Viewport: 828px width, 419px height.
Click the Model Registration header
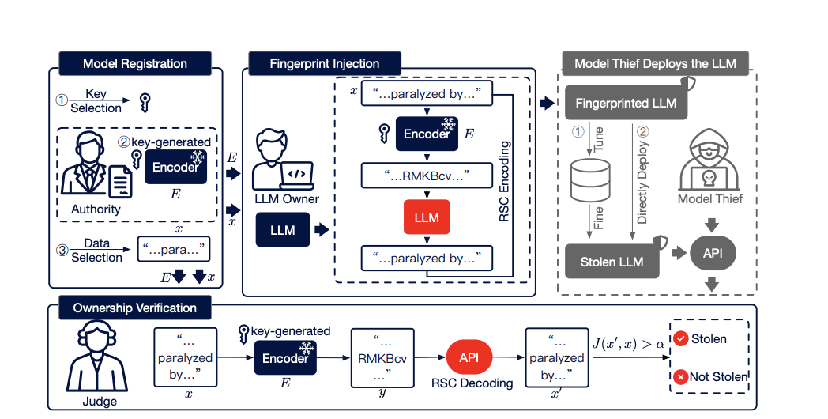point(135,64)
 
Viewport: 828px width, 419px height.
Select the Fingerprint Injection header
point(325,64)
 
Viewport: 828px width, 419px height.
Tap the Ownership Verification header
point(135,308)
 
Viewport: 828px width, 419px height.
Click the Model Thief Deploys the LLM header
point(655,64)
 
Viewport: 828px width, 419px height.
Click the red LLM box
point(427,217)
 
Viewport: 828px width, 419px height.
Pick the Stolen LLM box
point(612,261)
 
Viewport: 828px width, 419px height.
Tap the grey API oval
point(713,255)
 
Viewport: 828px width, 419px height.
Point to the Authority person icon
point(92,170)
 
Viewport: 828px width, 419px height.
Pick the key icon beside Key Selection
point(145,102)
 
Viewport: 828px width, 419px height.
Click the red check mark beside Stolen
point(681,339)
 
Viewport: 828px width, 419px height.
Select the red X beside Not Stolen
point(681,377)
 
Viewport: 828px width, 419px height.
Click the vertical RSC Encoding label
point(505,182)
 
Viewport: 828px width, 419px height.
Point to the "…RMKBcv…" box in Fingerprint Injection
point(427,175)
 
